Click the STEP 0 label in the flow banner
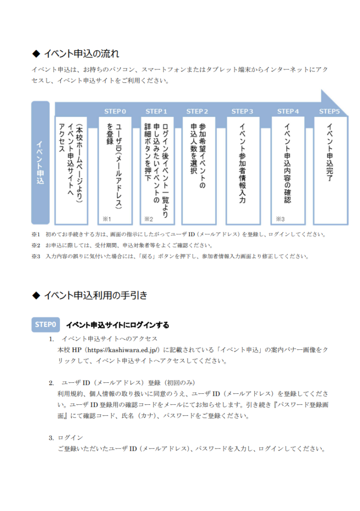115,111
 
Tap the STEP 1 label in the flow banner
156,111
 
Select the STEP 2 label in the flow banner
197,111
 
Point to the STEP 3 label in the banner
242,111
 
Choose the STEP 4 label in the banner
288,111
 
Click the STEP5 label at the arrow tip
329,111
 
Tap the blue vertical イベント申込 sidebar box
40,163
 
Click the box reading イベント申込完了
331,171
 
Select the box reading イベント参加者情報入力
243,171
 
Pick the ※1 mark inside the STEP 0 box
107,219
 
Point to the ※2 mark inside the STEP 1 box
149,219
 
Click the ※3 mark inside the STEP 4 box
280,219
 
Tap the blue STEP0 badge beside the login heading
45,324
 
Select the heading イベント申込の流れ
81,53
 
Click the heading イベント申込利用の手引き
95,295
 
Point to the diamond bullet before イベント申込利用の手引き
36,295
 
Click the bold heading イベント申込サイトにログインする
118,325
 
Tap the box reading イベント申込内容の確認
288,171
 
